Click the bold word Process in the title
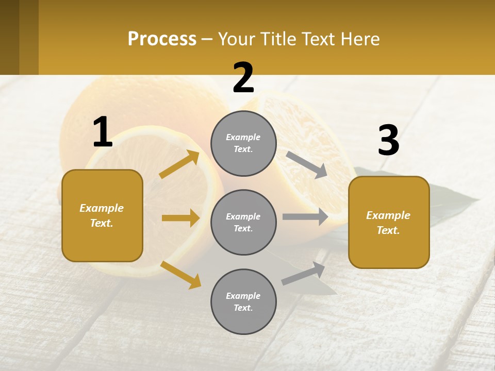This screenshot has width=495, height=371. click(x=162, y=39)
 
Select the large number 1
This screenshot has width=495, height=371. click(x=103, y=132)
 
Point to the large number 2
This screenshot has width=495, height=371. click(x=243, y=78)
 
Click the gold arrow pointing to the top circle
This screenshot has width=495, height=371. click(x=179, y=164)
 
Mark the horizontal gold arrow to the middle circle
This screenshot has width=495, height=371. click(x=180, y=218)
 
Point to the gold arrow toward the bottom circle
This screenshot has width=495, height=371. click(x=180, y=274)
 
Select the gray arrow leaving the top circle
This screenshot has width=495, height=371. click(x=307, y=165)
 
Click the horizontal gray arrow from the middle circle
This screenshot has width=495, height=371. click(x=305, y=217)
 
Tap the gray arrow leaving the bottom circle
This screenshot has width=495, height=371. click(x=303, y=274)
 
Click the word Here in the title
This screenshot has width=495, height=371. click(x=360, y=39)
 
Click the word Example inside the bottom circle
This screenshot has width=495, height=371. click(x=243, y=296)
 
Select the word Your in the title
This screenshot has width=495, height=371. click(x=235, y=39)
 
